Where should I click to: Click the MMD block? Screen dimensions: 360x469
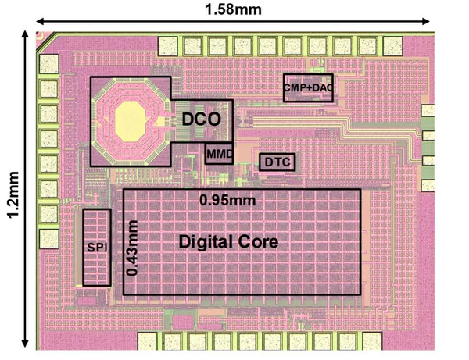(x=220, y=154)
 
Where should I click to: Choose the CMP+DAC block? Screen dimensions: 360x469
(x=308, y=88)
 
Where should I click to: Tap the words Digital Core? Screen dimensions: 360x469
(x=228, y=242)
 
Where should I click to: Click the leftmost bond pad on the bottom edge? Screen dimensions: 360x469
(x=149, y=340)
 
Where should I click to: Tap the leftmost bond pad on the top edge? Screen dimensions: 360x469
(x=169, y=45)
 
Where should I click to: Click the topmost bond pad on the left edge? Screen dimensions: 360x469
(x=51, y=63)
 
